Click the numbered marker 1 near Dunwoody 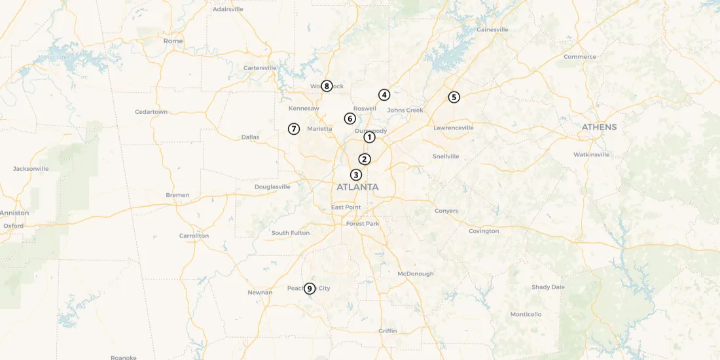pyautogui.click(x=369, y=137)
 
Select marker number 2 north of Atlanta pyautogui.click(x=365, y=159)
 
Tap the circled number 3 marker pyautogui.click(x=355, y=175)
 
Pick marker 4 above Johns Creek pyautogui.click(x=384, y=95)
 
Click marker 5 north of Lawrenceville pyautogui.click(x=454, y=97)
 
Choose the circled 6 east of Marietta pyautogui.click(x=350, y=118)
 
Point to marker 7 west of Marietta pyautogui.click(x=294, y=129)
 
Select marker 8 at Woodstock pyautogui.click(x=327, y=86)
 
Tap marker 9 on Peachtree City pyautogui.click(x=310, y=288)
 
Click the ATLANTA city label pyautogui.click(x=357, y=187)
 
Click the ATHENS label pyautogui.click(x=599, y=127)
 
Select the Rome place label pyautogui.click(x=173, y=41)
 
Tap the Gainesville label pyautogui.click(x=492, y=29)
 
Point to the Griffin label pyautogui.click(x=387, y=331)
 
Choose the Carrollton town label pyautogui.click(x=194, y=236)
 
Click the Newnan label pyautogui.click(x=260, y=293)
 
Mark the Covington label pyautogui.click(x=484, y=231)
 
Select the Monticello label pyautogui.click(x=526, y=314)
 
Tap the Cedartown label pyautogui.click(x=151, y=112)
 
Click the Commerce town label pyautogui.click(x=580, y=57)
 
